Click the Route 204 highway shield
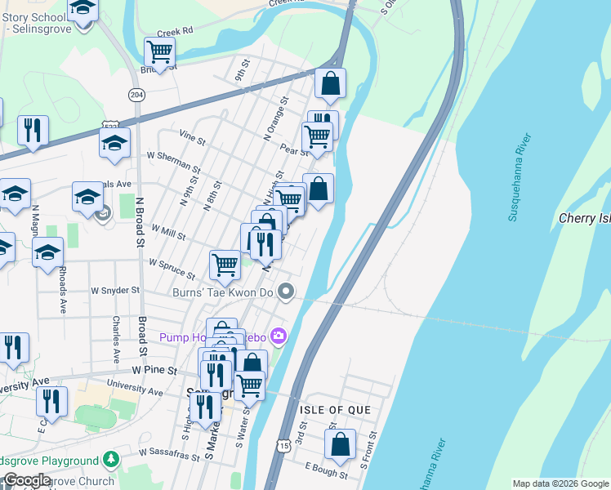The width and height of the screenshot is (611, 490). pos(136,96)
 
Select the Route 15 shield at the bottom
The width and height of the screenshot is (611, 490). pos(283,445)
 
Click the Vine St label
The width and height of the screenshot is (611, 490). pos(192,140)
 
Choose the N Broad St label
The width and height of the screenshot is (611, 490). pos(140,221)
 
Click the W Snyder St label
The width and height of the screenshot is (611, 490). pos(115,290)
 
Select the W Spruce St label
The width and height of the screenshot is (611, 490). pos(171,269)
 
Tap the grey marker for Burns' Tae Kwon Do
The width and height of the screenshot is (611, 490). pos(286,291)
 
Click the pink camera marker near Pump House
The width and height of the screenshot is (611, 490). pos(280,336)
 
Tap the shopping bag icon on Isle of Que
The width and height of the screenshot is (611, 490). pos(340,445)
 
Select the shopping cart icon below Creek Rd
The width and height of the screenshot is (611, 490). pos(159,52)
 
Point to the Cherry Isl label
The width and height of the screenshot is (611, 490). pos(584,218)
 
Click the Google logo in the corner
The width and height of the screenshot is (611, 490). pos(27,481)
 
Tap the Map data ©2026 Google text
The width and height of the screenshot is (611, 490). pos(560,483)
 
